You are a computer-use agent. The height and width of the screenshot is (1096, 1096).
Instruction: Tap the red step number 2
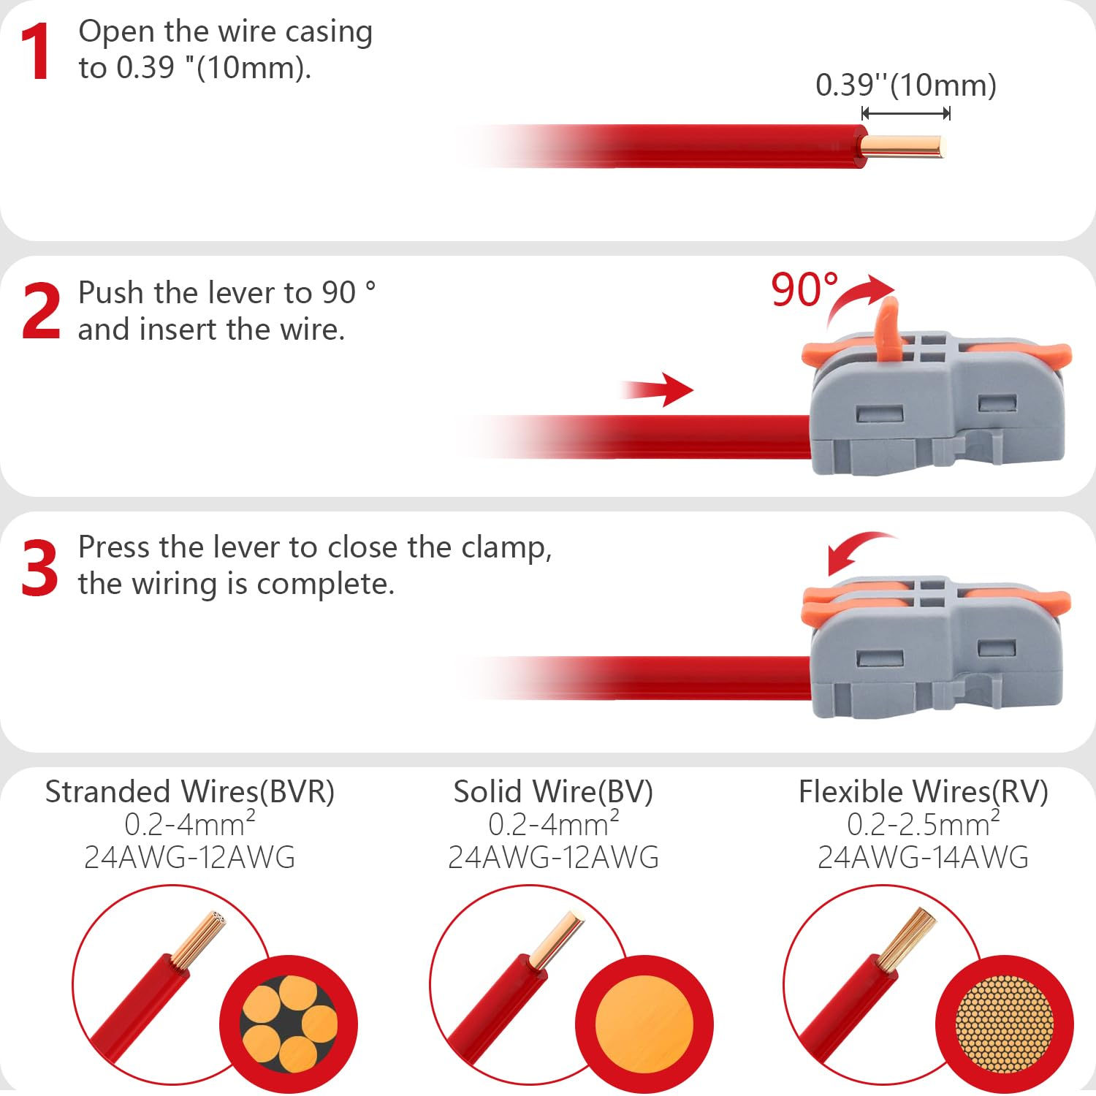[41, 311]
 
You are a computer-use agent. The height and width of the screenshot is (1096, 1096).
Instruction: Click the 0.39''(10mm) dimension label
[906, 85]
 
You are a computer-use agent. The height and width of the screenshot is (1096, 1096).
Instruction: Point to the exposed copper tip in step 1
[903, 146]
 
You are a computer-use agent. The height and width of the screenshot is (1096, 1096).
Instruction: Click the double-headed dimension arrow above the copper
[906, 113]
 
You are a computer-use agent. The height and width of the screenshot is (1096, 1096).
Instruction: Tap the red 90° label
[804, 289]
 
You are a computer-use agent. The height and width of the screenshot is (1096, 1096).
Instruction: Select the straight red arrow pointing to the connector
[656, 389]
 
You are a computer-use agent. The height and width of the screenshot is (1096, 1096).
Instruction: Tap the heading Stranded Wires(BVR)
[190, 792]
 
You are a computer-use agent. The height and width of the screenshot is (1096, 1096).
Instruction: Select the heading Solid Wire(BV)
[553, 792]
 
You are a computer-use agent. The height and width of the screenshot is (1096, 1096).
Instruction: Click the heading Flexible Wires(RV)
[923, 792]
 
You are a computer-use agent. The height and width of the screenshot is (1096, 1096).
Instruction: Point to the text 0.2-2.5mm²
[923, 823]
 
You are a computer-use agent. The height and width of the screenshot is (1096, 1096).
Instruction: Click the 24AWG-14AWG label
[923, 857]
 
